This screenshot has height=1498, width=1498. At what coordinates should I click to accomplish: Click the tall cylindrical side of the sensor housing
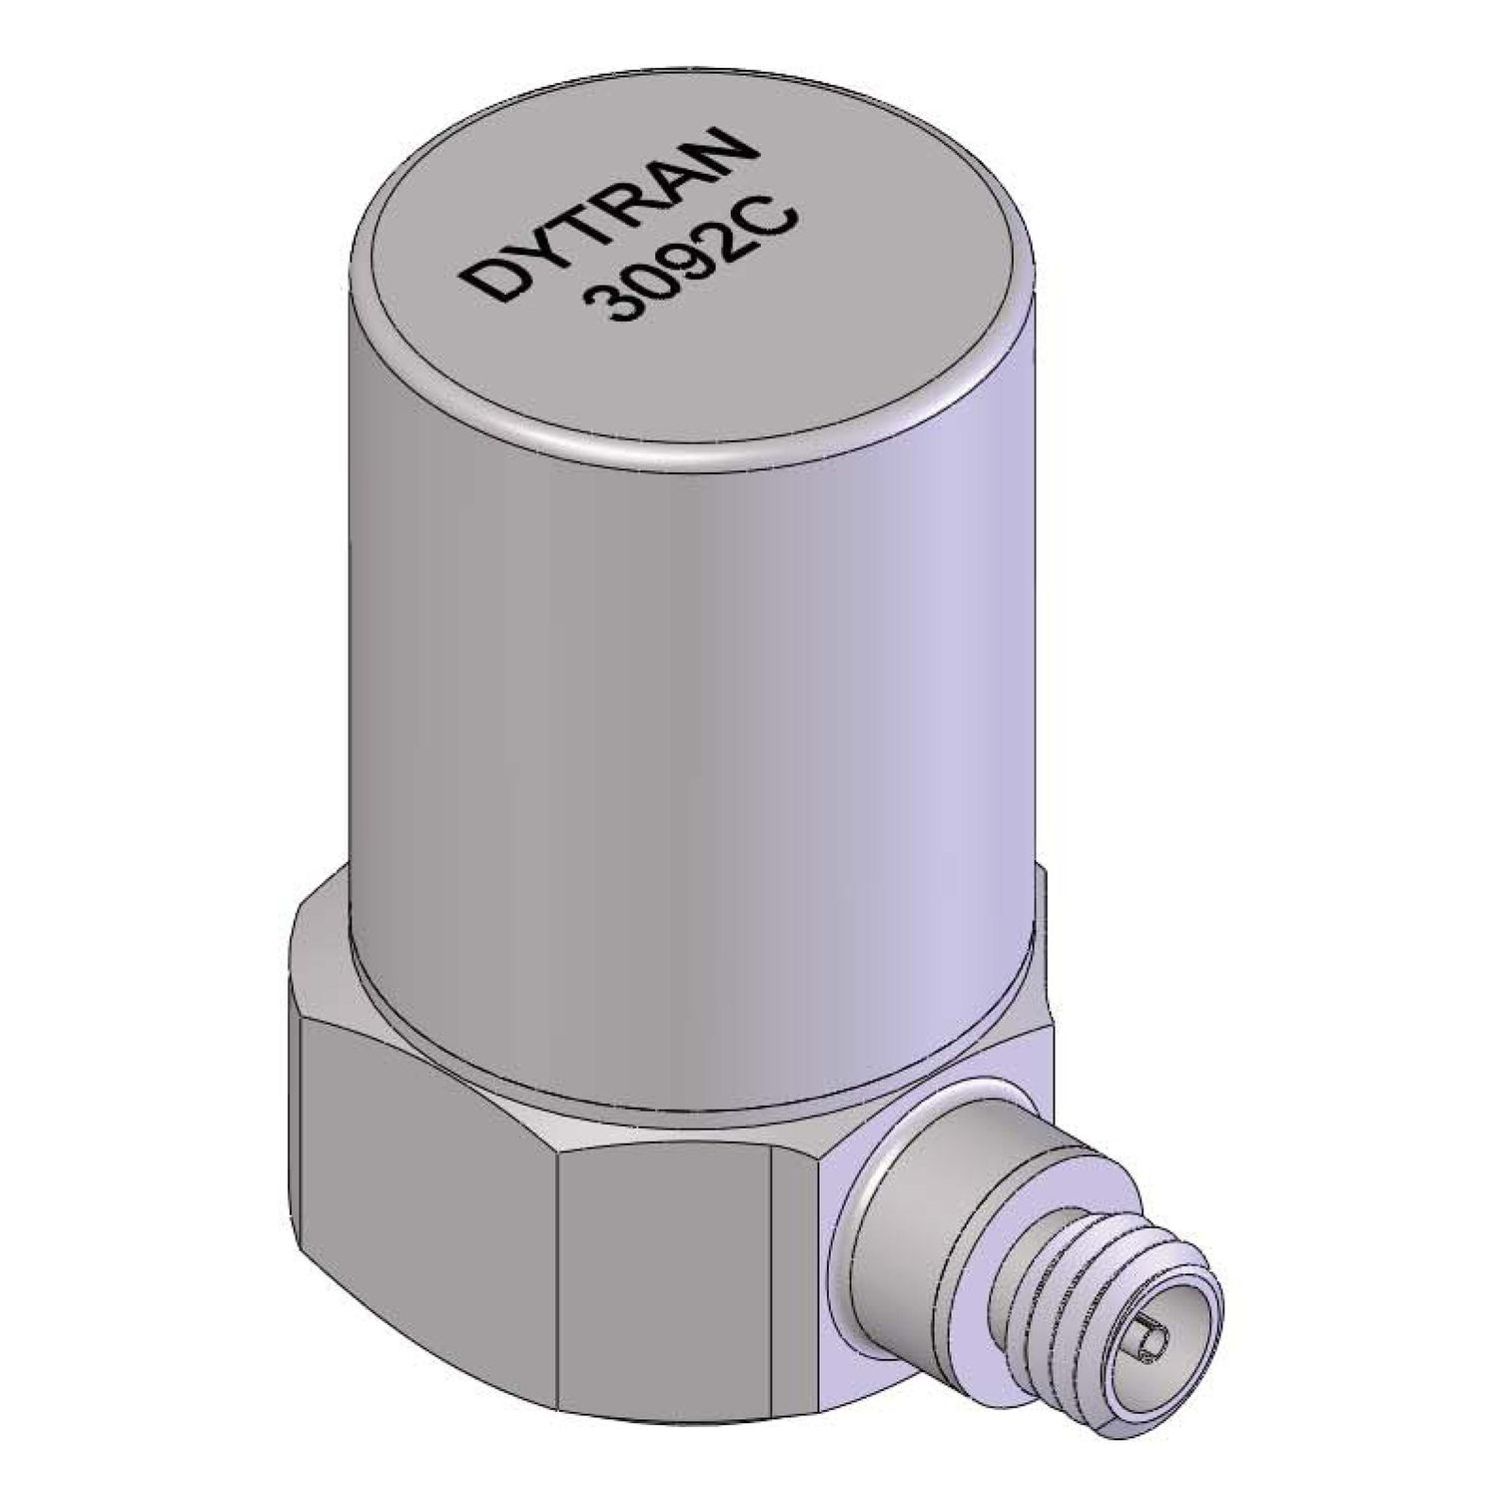(x=689, y=699)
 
